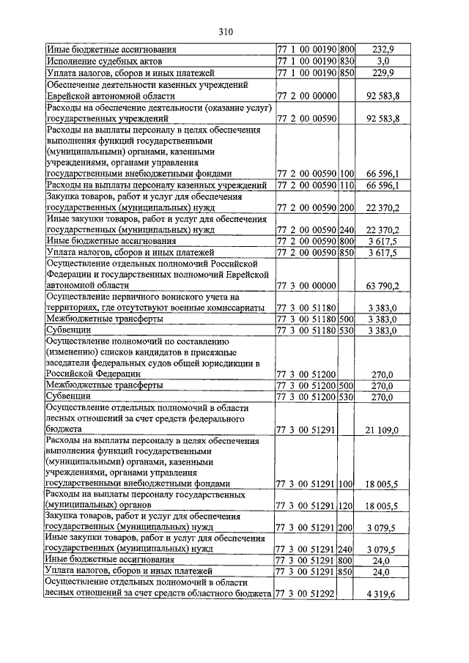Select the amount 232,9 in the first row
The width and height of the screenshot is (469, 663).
[383, 50]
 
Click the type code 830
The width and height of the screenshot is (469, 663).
[347, 62]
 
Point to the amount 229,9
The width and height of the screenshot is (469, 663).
[383, 73]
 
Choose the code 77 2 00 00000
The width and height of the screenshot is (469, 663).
[306, 96]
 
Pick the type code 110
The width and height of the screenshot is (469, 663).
[347, 185]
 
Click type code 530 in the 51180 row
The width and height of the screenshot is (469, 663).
[347, 331]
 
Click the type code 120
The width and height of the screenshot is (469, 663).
[347, 505]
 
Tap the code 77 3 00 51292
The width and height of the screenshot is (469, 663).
[306, 593]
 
